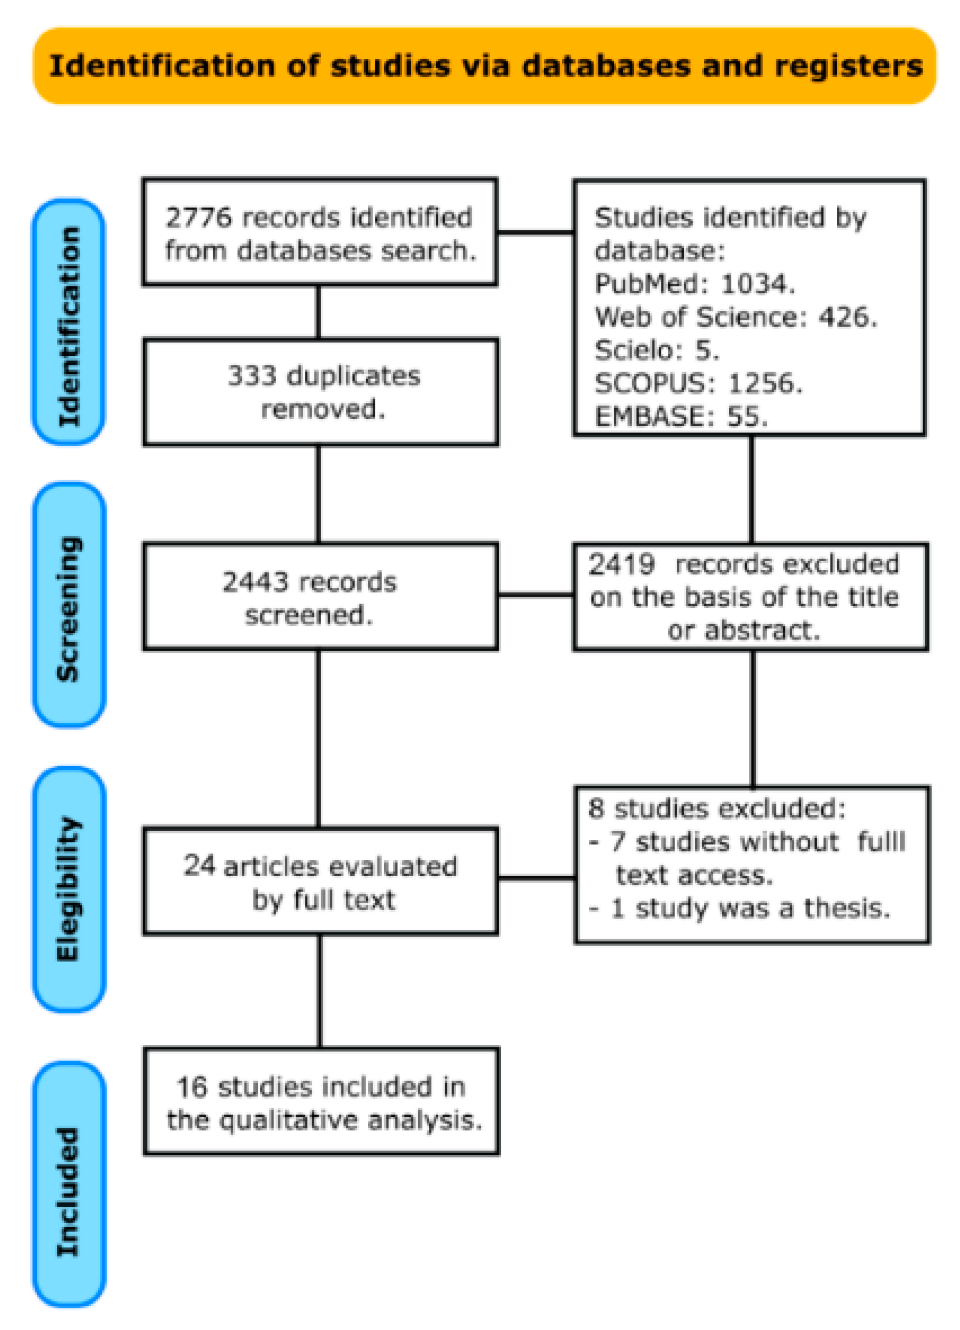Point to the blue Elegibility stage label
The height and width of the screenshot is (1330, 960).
coord(69,889)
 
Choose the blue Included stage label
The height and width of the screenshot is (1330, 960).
coord(69,1191)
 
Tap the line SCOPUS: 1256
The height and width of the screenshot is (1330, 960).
coord(698,383)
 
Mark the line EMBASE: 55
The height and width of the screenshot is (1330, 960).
coord(681,417)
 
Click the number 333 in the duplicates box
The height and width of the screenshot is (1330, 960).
coord(251,376)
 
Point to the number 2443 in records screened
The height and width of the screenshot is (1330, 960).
coord(255,582)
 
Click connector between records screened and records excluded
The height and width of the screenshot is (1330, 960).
coord(535,595)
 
